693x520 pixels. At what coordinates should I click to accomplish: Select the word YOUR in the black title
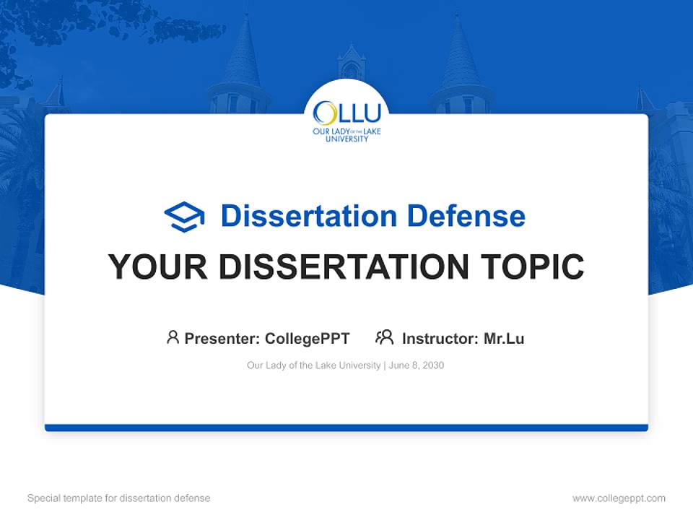click(x=158, y=267)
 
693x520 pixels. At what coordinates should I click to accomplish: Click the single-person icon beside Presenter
click(x=173, y=337)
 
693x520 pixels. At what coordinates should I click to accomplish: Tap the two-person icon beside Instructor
click(x=384, y=337)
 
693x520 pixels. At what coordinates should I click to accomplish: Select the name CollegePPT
click(x=307, y=338)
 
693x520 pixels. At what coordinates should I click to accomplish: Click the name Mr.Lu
click(x=504, y=338)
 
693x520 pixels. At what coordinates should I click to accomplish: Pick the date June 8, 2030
click(x=417, y=365)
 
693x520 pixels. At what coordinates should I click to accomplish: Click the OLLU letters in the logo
click(x=346, y=113)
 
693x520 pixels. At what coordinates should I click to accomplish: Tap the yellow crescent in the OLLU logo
click(x=323, y=113)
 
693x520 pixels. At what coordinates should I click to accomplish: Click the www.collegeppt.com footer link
click(x=619, y=498)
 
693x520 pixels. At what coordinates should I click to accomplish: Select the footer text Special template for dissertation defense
click(x=118, y=498)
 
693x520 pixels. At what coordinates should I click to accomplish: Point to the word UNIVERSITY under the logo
click(x=346, y=138)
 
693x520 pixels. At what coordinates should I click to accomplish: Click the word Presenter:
click(x=222, y=338)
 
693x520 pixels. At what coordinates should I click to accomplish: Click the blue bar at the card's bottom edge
click(x=346, y=428)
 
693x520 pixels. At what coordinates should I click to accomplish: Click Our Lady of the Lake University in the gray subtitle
click(x=313, y=365)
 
